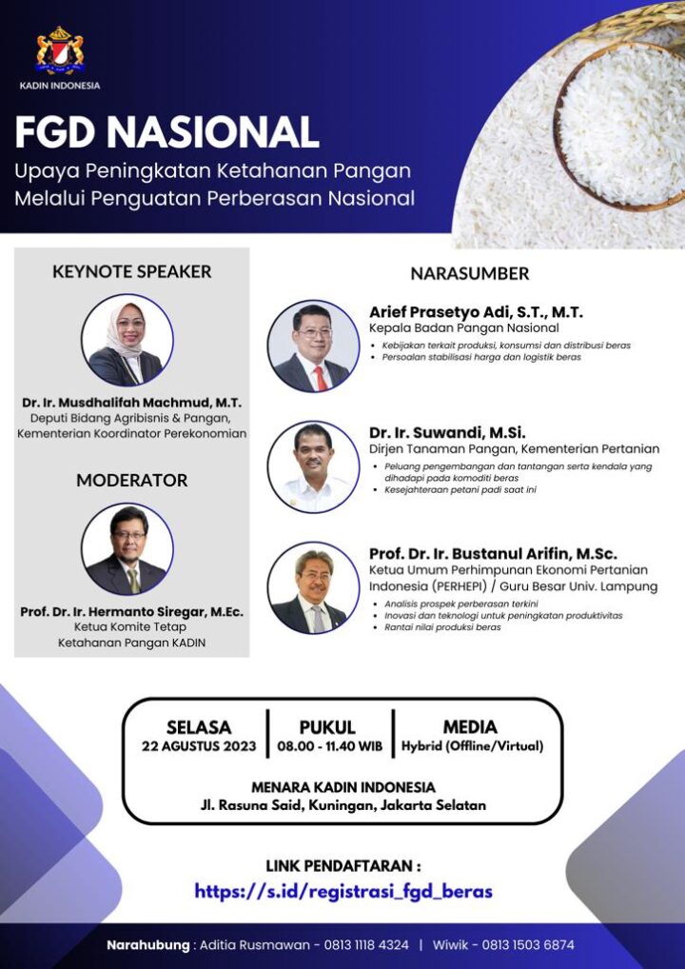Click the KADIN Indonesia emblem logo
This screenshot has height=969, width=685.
pyautogui.click(x=60, y=50)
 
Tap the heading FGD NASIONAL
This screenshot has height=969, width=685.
pyautogui.click(x=166, y=132)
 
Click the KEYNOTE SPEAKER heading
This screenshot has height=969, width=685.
pyautogui.click(x=132, y=272)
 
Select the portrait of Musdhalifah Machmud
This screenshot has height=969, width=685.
pyautogui.click(x=127, y=340)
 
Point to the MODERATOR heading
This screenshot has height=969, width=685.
pyautogui.click(x=132, y=480)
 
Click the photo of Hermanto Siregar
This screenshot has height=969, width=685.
pyautogui.click(x=127, y=549)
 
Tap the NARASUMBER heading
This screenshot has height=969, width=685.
pyautogui.click(x=470, y=274)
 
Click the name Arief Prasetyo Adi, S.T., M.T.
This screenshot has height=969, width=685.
pyautogui.click(x=477, y=312)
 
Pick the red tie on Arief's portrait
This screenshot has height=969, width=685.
pyautogui.click(x=321, y=378)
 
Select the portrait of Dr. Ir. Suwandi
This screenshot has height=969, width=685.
pyautogui.click(x=314, y=467)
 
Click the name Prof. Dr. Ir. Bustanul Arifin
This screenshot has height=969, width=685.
pyautogui.click(x=493, y=554)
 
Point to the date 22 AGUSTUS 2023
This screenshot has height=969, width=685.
pyautogui.click(x=199, y=746)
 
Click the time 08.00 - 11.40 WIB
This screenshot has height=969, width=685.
pyautogui.click(x=330, y=746)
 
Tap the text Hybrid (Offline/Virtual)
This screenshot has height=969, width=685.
pyautogui.click(x=473, y=746)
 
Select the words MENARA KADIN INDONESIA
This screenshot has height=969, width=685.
pyautogui.click(x=343, y=787)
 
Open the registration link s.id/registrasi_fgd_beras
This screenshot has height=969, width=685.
pyautogui.click(x=343, y=891)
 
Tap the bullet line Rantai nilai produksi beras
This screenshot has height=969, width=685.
pyautogui.click(x=442, y=627)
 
